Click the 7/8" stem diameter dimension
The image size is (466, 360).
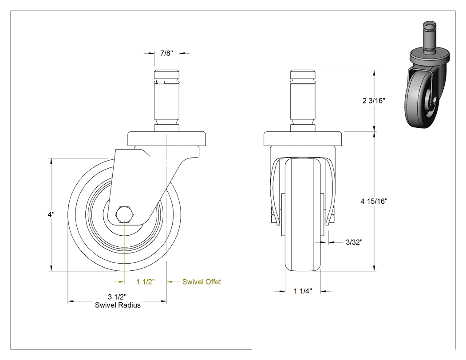click(166, 53)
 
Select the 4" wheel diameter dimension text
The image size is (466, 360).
click(51, 214)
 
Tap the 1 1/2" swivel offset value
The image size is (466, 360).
click(146, 282)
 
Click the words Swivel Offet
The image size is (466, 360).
click(201, 282)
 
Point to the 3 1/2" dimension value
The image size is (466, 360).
click(118, 297)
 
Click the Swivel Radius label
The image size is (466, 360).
click(118, 305)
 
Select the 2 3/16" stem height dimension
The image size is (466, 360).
click(374, 101)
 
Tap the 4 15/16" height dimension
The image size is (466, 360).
click(374, 201)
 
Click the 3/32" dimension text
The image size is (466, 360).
click(354, 242)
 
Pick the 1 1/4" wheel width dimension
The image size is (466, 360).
click(303, 291)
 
